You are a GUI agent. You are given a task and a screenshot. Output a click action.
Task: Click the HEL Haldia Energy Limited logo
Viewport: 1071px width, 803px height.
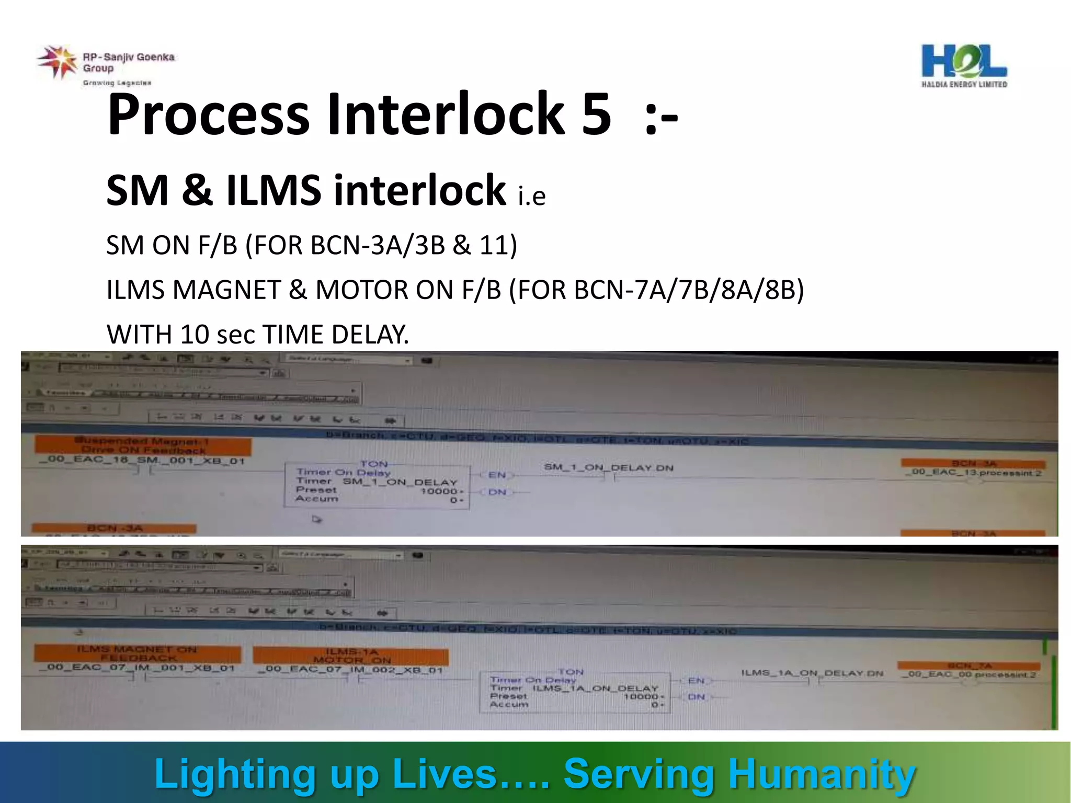(x=964, y=65)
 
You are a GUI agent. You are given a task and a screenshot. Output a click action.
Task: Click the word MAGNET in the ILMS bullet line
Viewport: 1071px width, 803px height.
(x=226, y=290)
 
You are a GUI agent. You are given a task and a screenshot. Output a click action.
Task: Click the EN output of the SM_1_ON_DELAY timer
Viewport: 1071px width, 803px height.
(x=497, y=475)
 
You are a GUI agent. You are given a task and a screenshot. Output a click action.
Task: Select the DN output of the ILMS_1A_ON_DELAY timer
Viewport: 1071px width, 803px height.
(x=696, y=697)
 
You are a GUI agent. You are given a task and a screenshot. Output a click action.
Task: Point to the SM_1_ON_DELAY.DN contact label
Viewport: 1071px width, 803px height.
(x=608, y=467)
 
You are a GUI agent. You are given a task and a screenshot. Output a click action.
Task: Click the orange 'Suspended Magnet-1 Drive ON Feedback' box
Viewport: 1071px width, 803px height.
(x=143, y=446)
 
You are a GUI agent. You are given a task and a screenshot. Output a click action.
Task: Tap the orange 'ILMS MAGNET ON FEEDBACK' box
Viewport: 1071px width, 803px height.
(x=138, y=653)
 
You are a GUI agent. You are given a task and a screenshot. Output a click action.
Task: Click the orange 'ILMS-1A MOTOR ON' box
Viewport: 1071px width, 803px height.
(x=351, y=656)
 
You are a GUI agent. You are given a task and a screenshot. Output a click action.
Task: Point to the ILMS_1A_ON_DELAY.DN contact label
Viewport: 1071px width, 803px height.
(x=812, y=673)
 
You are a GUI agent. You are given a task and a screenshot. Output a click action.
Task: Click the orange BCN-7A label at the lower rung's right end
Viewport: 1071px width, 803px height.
(x=969, y=666)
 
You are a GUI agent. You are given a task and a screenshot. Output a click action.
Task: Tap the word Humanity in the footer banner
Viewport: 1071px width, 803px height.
(x=822, y=774)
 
